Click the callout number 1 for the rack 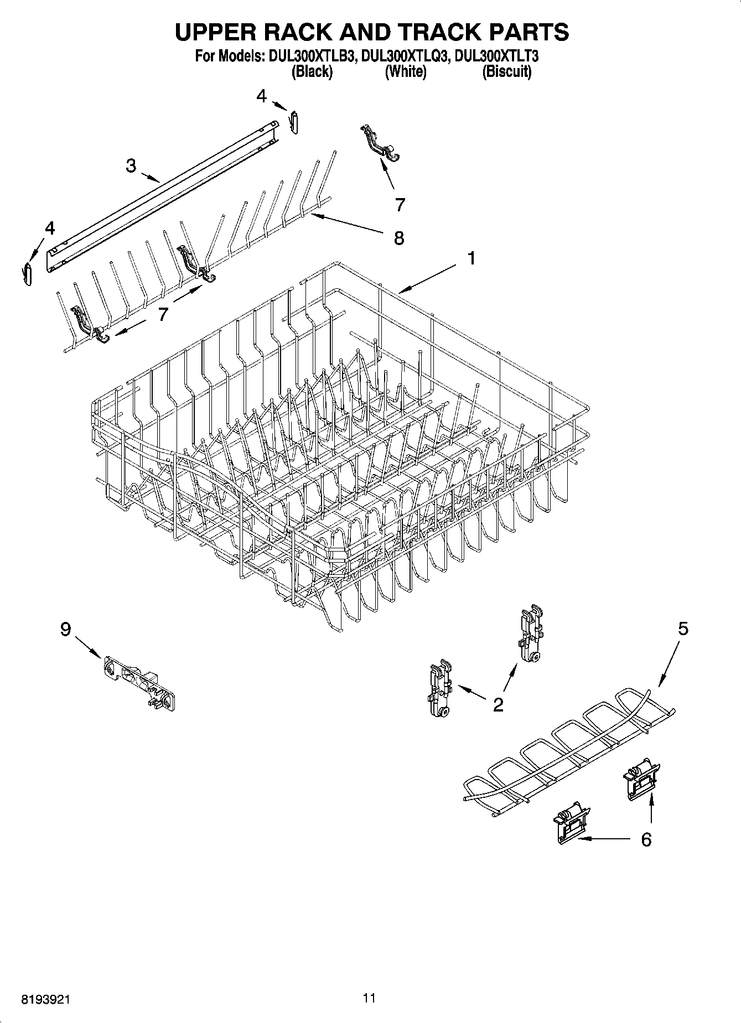tap(471, 258)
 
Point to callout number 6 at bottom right tap(646, 839)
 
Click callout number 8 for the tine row tap(398, 238)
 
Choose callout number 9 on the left tap(65, 629)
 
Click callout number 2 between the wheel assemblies tap(498, 704)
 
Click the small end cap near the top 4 tap(295, 122)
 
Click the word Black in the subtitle tap(312, 71)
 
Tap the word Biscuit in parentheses tap(506, 71)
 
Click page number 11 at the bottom tap(369, 998)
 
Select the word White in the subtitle tap(406, 71)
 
